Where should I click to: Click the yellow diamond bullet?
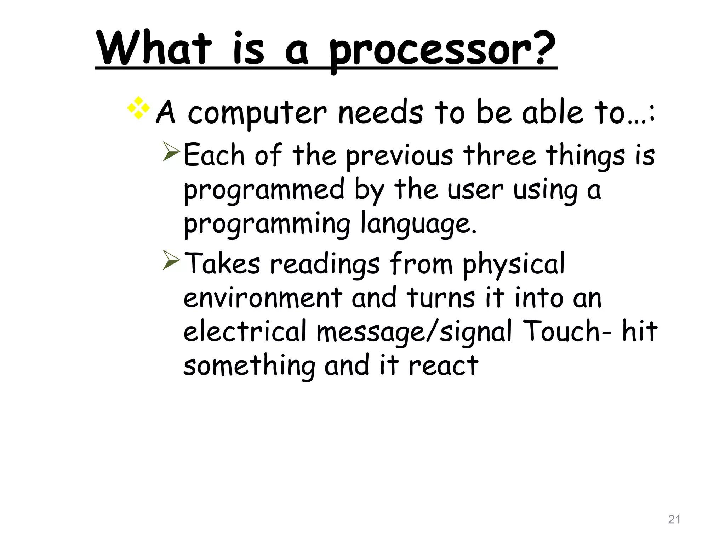[x=138, y=108]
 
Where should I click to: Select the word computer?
[x=257, y=113]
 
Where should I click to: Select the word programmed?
[x=264, y=190]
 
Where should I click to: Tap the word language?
[x=418, y=224]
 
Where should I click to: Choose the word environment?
[x=263, y=298]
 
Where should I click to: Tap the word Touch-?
[x=567, y=331]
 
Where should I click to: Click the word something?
[x=249, y=366]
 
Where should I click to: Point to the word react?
[x=443, y=366]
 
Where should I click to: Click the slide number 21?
[x=674, y=520]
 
